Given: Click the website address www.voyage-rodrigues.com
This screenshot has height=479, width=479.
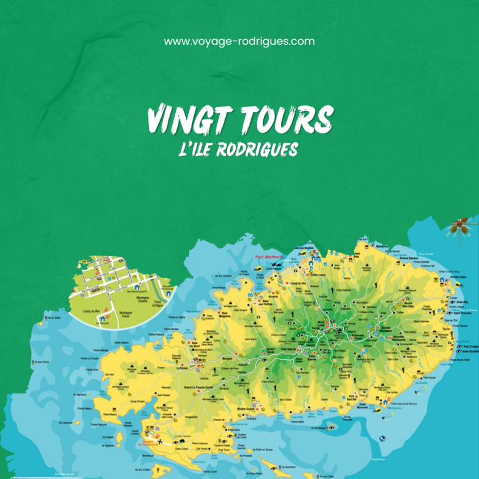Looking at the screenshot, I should pos(239,42).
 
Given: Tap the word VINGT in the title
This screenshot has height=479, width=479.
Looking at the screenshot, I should pos(181,119).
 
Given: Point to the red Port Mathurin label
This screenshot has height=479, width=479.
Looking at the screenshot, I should pos(269,256).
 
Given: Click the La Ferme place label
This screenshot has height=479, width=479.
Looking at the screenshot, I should pos(182,368).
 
